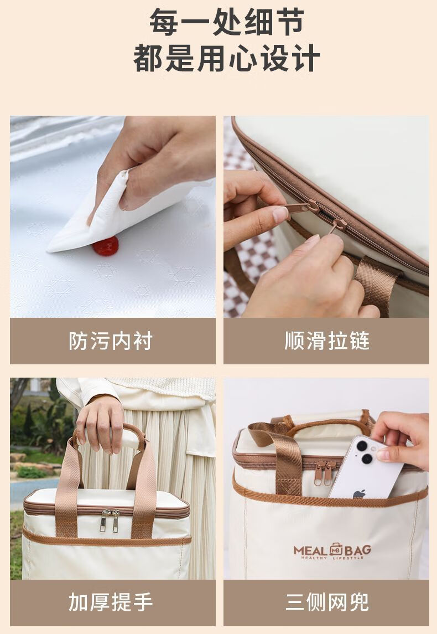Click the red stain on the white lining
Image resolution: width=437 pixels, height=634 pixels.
coord(106,246)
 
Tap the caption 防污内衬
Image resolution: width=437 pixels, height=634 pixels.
coord(111,341)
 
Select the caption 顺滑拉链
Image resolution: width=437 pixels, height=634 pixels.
coord(327,341)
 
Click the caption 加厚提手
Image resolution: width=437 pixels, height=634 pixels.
coord(111,602)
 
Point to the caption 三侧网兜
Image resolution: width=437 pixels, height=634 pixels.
coord(327,602)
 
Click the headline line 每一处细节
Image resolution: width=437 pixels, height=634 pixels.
coord(227,22)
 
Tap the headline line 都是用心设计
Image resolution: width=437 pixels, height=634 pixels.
coord(227,58)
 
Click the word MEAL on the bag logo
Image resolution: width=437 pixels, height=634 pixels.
coord(310,550)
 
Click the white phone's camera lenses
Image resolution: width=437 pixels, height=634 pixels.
coord(365,452)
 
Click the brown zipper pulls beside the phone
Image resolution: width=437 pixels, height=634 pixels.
coord(326,473)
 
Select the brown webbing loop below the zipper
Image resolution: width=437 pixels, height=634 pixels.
coord(377,283)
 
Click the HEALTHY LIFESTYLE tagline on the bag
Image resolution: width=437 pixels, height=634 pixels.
coord(332,558)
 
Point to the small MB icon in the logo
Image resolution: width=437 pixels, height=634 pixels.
coord(336,549)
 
